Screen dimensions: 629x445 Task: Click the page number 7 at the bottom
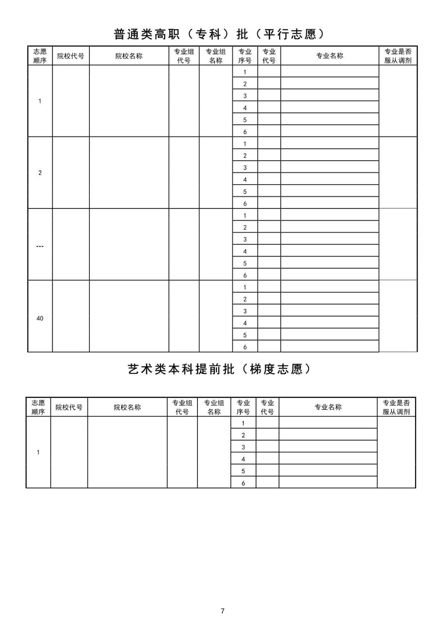(222, 611)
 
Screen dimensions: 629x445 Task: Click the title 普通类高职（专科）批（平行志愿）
(219, 34)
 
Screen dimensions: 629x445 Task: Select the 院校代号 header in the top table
(70, 56)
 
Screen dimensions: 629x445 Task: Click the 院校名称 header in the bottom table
(127, 407)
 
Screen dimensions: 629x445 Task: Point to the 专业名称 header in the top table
(330, 56)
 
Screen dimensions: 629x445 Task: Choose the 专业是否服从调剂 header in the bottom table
(396, 407)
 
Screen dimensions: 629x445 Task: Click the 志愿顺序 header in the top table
(40, 56)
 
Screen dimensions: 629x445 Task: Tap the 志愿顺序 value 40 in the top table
(40, 318)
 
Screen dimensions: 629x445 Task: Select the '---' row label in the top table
(40, 246)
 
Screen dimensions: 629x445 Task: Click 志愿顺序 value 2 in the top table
(40, 173)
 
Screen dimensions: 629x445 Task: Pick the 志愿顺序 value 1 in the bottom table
(38, 452)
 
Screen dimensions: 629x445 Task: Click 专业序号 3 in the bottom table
(243, 447)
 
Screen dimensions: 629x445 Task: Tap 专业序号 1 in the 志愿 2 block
(245, 144)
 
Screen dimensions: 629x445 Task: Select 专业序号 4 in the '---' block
(245, 251)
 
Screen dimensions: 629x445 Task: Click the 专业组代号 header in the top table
(184, 56)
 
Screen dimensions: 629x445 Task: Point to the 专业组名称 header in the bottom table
(214, 407)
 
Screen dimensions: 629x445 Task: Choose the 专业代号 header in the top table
(269, 56)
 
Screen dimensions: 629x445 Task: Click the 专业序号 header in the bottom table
(243, 407)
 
